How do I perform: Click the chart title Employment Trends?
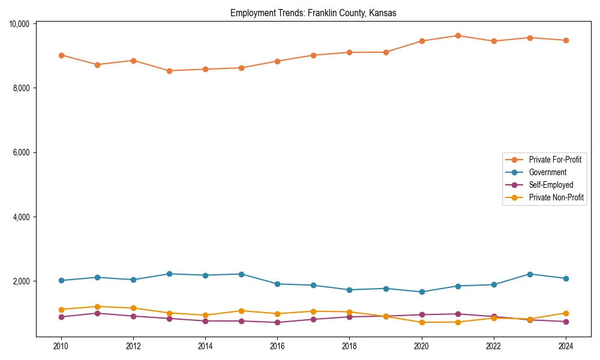click(x=313, y=13)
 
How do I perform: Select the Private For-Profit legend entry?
click(x=551, y=160)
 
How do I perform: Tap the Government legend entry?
click(x=547, y=172)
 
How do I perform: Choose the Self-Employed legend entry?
click(x=551, y=185)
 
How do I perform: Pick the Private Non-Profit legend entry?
click(x=556, y=197)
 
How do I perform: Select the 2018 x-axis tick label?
click(x=349, y=346)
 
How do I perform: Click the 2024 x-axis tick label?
click(x=565, y=346)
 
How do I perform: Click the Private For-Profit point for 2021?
click(x=457, y=35)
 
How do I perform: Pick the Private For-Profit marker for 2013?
click(x=169, y=71)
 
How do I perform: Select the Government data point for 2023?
click(x=529, y=274)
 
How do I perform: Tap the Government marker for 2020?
click(x=421, y=292)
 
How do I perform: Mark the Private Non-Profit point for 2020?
click(x=421, y=322)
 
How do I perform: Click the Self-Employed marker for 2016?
click(x=277, y=323)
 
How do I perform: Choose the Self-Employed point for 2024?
click(x=565, y=322)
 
